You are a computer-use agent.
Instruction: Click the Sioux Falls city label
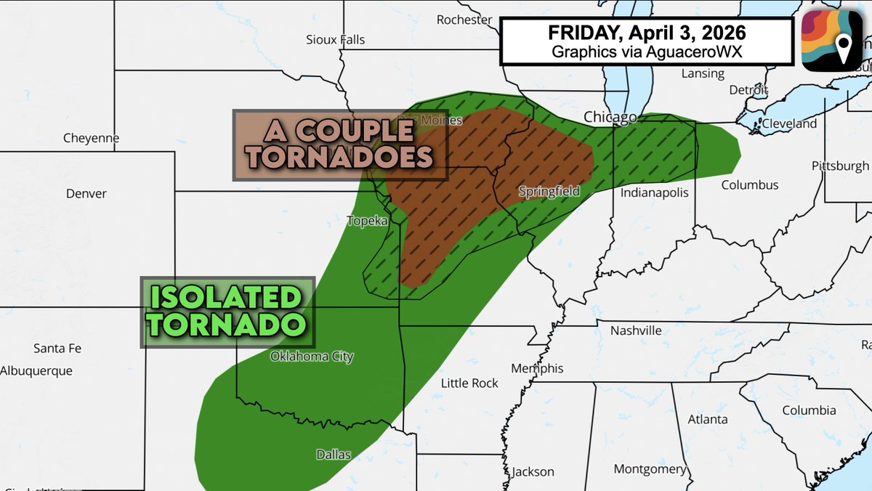336,39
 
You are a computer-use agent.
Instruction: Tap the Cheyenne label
91,138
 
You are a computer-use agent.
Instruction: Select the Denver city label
86,193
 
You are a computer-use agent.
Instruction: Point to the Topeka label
367,221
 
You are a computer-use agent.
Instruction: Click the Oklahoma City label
312,357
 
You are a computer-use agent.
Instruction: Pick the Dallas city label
334,455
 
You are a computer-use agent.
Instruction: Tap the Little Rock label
470,383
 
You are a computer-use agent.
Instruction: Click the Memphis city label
537,368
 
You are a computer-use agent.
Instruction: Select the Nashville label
636,330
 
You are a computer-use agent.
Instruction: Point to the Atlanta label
708,419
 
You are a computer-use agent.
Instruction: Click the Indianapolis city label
654,192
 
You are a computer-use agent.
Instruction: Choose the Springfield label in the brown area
549,192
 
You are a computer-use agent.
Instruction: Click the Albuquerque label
36,370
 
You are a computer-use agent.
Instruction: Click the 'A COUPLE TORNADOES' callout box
339,145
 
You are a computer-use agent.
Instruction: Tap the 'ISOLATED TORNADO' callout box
227,311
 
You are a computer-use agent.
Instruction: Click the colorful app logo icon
832,41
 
